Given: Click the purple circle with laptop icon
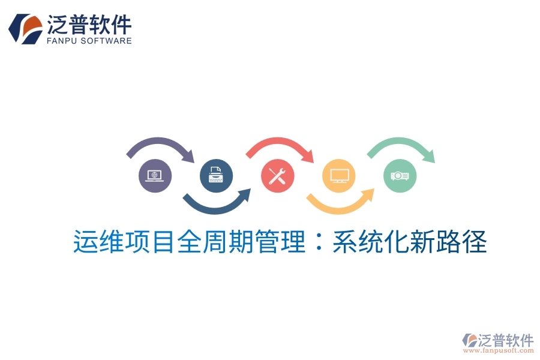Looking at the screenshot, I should (155, 176).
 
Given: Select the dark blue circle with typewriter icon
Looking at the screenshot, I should (216, 176).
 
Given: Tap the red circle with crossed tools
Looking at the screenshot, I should (277, 176).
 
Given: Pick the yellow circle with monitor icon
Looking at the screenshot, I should (338, 176).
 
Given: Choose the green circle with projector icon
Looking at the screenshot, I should (400, 176).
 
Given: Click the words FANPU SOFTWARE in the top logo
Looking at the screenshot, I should (89, 41).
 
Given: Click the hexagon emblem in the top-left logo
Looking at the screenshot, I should (25, 28).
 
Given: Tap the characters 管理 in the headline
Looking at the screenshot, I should (281, 244).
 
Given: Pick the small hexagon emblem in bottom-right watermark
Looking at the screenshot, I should (470, 341).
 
